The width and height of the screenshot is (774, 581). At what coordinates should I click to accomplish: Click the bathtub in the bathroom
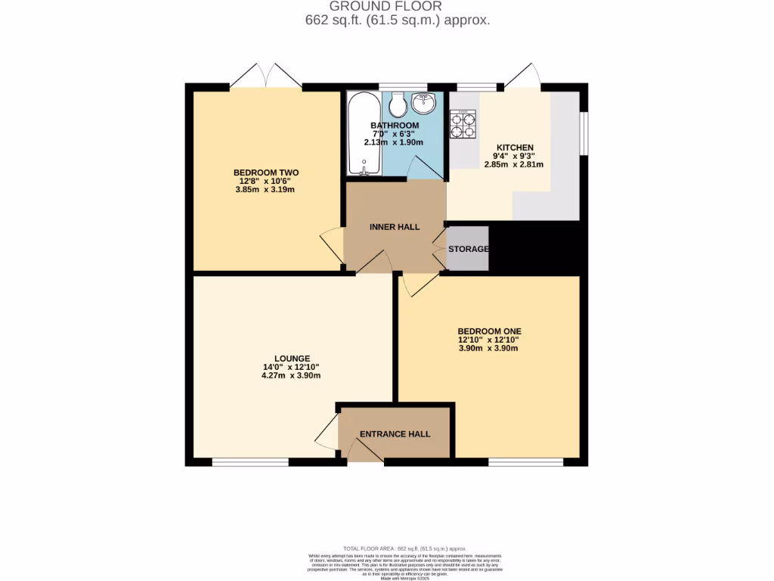point(364,134)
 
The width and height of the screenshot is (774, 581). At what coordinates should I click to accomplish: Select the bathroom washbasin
point(425,104)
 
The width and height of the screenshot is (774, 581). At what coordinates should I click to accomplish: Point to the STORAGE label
point(469,249)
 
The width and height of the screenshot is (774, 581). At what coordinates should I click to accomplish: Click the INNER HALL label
point(395,227)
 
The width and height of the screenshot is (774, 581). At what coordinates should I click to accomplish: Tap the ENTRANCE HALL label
point(395,434)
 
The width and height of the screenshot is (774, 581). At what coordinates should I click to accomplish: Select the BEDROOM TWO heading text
point(266,172)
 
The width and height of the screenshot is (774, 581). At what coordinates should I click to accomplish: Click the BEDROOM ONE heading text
point(489,331)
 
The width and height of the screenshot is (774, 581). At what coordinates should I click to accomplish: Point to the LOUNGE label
point(292,359)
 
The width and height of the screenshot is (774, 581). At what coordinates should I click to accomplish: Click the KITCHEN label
point(514,148)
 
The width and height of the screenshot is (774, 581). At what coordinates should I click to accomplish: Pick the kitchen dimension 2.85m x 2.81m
point(514,164)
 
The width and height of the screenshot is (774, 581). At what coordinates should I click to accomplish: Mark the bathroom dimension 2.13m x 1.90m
point(395,142)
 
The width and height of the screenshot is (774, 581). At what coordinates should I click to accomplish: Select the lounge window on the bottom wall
point(250,461)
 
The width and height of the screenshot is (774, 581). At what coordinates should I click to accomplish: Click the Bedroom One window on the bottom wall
point(525,461)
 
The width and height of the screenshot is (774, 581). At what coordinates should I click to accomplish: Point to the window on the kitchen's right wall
point(584,134)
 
